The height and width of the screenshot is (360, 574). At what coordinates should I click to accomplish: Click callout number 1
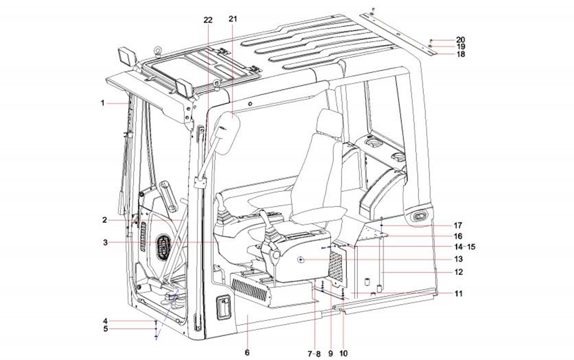click(102, 103)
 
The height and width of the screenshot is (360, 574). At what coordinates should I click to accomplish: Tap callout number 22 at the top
click(207, 20)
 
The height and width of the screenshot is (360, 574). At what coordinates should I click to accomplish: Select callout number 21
click(233, 20)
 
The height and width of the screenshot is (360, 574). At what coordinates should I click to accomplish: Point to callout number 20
click(460, 40)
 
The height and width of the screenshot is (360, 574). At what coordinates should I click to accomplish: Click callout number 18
click(460, 54)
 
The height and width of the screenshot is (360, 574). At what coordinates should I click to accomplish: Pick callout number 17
click(458, 225)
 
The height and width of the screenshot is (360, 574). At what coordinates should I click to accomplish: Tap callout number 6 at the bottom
click(247, 352)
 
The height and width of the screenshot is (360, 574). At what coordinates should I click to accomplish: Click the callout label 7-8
click(315, 353)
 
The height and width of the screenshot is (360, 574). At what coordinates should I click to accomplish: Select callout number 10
click(344, 353)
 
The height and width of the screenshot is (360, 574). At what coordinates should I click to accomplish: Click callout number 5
click(104, 329)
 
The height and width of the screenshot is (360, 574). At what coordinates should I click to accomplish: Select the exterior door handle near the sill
click(224, 304)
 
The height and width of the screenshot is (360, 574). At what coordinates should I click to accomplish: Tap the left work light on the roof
click(126, 57)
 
